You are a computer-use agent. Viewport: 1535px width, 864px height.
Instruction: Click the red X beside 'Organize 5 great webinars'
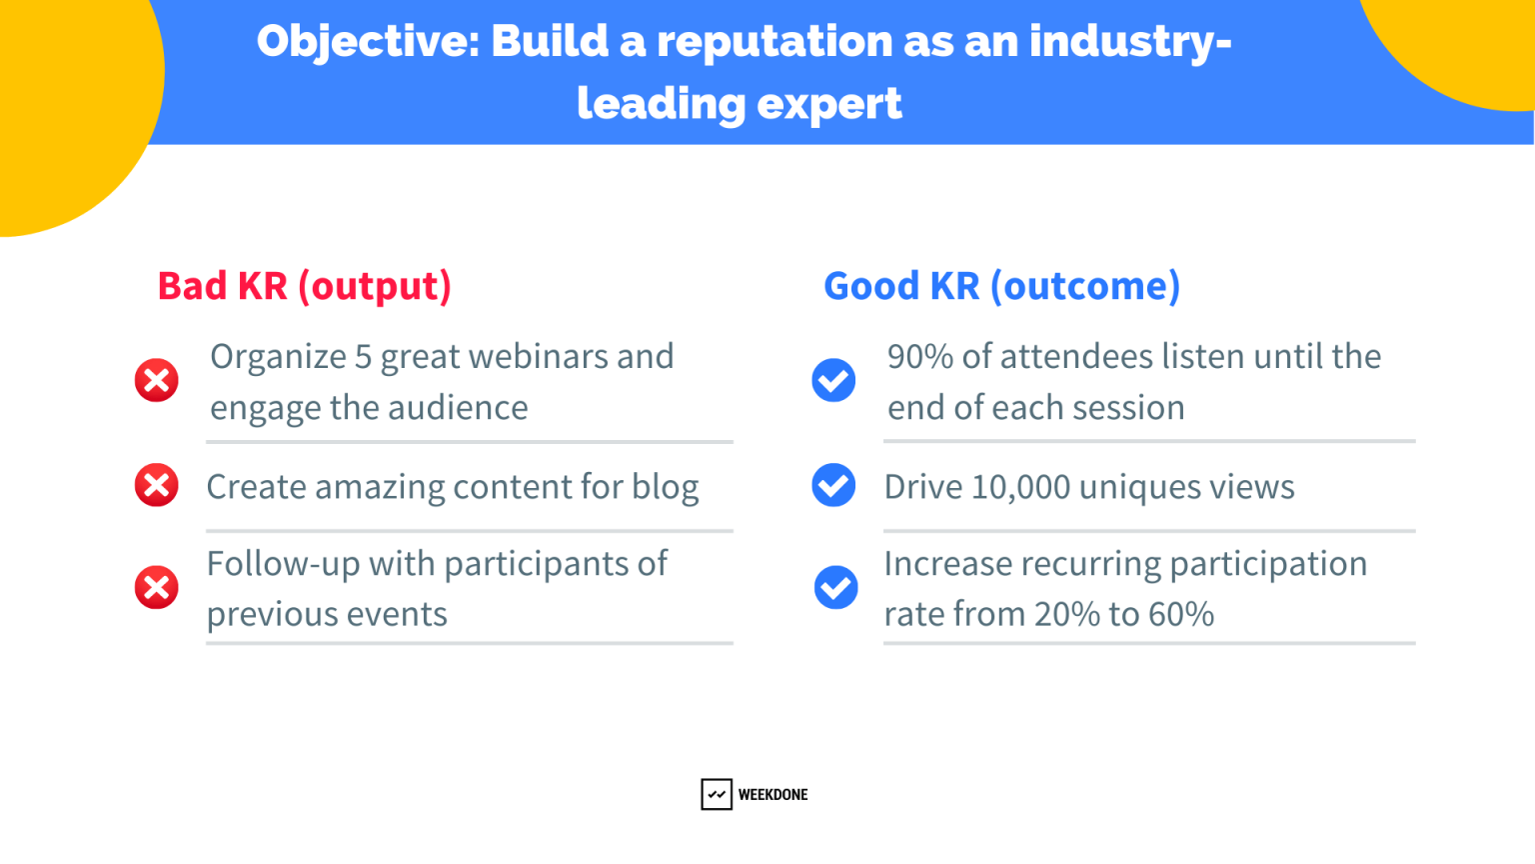tap(157, 380)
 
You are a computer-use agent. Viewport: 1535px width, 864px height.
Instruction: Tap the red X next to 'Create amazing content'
tap(157, 485)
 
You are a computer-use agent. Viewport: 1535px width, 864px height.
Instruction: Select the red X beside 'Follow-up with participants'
tap(157, 587)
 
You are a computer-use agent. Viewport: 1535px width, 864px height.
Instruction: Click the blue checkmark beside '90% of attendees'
tap(833, 380)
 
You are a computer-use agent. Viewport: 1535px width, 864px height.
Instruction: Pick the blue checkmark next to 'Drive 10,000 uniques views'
tap(833, 485)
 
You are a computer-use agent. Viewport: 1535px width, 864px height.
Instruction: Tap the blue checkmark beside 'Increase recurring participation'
tap(835, 587)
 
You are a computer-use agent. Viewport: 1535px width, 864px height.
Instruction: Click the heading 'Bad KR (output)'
tap(305, 286)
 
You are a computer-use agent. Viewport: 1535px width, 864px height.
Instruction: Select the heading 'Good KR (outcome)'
tap(1001, 286)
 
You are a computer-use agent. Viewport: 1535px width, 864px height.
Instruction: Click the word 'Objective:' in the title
tap(368, 42)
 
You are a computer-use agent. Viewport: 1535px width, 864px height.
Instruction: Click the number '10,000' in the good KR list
tap(1020, 487)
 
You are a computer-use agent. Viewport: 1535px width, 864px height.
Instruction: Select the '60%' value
tap(1181, 614)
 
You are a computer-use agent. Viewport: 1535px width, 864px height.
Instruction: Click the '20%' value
tap(1067, 614)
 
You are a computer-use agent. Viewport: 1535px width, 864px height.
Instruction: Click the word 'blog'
tap(666, 487)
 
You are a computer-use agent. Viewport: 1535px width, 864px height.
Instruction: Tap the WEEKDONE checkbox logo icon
tap(717, 794)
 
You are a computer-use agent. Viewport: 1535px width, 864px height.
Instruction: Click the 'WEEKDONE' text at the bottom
tap(772, 795)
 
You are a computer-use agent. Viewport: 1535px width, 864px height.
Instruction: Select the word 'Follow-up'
tap(283, 564)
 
